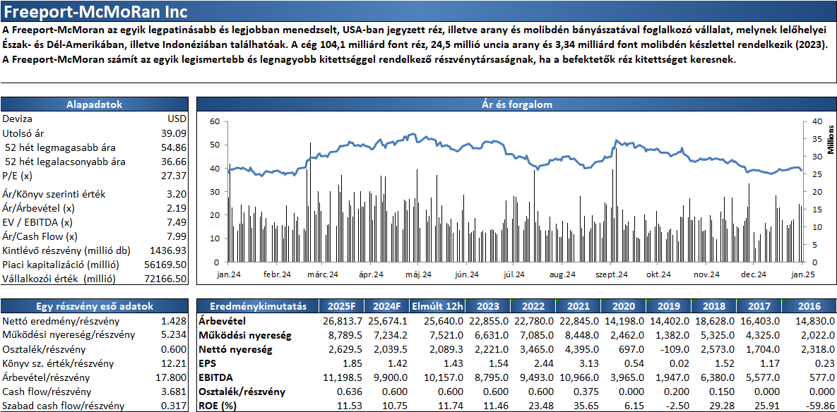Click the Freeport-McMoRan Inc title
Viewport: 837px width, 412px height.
[93, 11]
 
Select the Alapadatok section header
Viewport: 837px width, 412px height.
[95, 104]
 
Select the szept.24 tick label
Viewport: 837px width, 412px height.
[611, 274]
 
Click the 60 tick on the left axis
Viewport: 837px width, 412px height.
[215, 121]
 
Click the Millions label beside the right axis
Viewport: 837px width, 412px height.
[831, 140]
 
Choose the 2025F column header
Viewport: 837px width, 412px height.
[342, 306]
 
